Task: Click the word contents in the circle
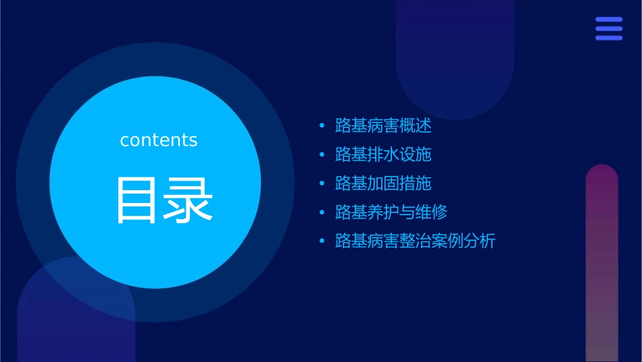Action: [x=159, y=140]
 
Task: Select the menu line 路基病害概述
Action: [x=383, y=126]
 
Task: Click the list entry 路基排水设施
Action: [x=383, y=154]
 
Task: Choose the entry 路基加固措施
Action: [x=383, y=183]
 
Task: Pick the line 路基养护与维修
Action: [x=391, y=212]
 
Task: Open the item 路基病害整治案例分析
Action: [x=416, y=241]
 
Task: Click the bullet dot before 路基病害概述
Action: [x=322, y=127]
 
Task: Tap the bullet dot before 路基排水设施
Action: [x=322, y=155]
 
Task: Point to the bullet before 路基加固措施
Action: [x=322, y=184]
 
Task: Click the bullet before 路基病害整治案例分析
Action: [x=322, y=242]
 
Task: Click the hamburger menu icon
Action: [x=609, y=28]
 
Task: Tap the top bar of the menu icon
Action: [x=609, y=20]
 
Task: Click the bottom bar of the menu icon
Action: [x=609, y=38]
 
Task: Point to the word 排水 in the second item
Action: [x=383, y=154]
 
